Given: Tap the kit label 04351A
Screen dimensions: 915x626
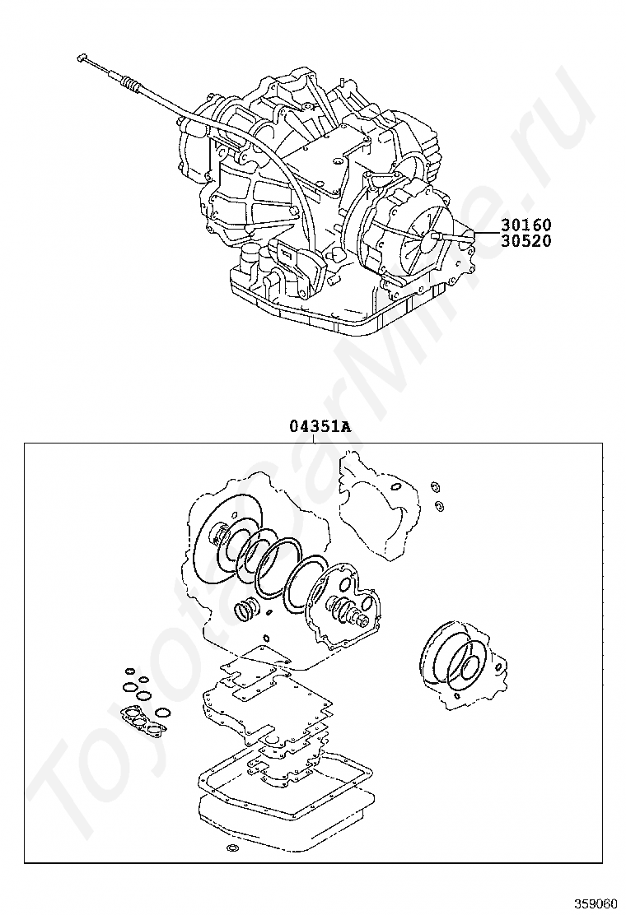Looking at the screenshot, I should (x=319, y=426).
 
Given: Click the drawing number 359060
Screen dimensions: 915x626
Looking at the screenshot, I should (x=595, y=903).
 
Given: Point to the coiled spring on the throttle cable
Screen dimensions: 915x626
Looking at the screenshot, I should (x=130, y=82).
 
